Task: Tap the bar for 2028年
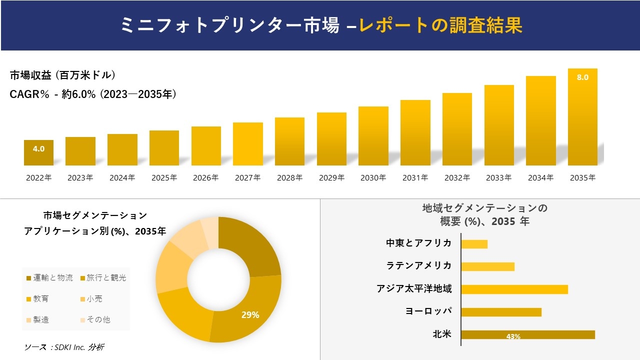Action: (289, 141)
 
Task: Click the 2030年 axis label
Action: (373, 177)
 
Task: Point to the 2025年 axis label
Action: (164, 177)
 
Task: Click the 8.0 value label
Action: (582, 77)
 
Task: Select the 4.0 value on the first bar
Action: (38, 148)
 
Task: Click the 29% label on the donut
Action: (250, 315)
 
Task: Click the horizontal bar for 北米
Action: (527, 334)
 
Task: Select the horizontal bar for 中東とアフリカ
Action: (474, 244)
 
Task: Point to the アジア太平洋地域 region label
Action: (414, 288)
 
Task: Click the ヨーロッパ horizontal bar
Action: (501, 312)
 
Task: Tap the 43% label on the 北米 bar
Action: (513, 336)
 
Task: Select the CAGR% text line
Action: (93, 94)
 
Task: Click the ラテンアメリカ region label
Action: (418, 265)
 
